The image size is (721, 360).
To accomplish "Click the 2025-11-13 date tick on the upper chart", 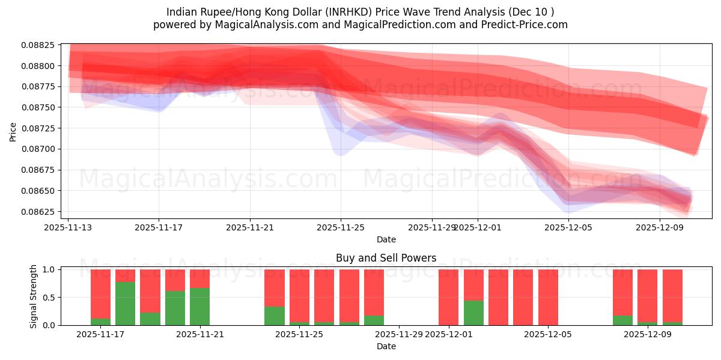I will [68, 228].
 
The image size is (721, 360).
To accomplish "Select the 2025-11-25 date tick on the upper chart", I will [341, 228].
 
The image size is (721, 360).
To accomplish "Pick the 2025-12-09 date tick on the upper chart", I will [660, 228].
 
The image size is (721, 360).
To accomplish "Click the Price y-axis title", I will [13, 131].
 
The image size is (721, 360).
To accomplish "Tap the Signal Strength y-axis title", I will [34, 296].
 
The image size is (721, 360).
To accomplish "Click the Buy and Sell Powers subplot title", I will [386, 259].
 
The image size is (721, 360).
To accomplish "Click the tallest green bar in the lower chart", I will [125, 304].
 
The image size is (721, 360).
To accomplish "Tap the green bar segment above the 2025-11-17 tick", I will [100, 322].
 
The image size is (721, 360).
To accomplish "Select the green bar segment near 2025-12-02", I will [473, 313].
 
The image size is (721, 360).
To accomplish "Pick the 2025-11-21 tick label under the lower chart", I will [200, 335].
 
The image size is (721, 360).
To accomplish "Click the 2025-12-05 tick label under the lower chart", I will [548, 335].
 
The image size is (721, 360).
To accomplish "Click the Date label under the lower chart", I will [386, 346].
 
